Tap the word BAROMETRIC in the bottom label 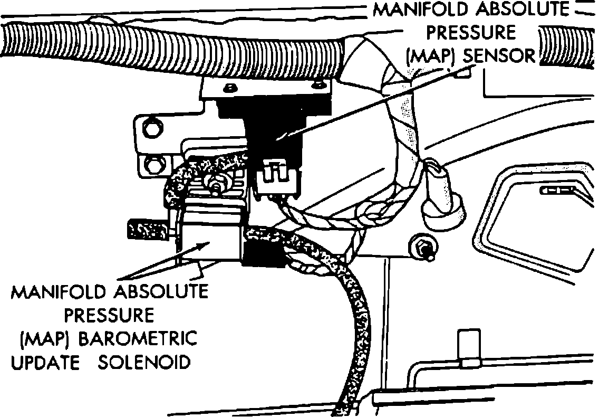coord(138,338)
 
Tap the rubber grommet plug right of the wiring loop coord(443,201)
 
